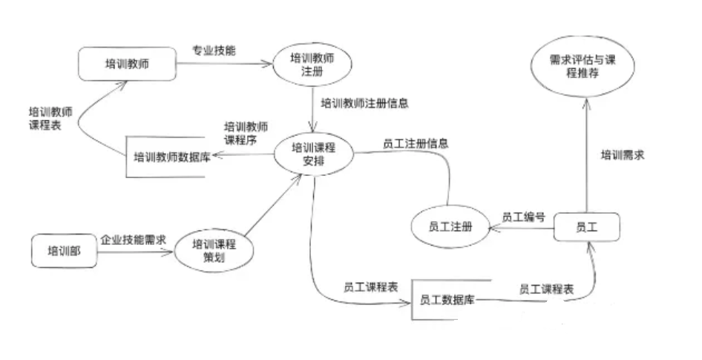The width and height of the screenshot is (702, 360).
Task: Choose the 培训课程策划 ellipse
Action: coord(213,250)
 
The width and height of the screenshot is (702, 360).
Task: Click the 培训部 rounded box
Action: coord(64,251)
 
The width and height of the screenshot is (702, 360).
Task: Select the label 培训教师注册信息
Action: coord(364,102)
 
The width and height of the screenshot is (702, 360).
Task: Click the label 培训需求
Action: coord(622,155)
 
